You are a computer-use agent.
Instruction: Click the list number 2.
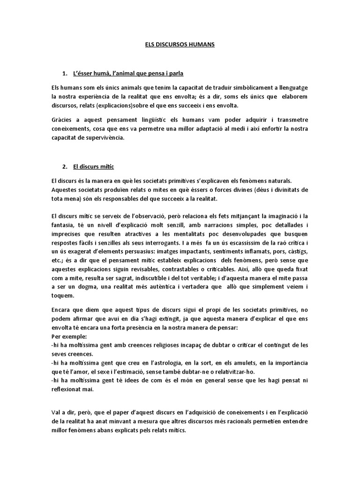click(65, 166)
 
